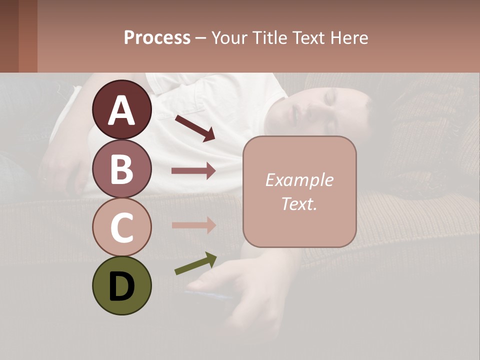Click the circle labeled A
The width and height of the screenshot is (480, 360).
[121, 110]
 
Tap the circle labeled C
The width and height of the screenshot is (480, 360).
[121, 227]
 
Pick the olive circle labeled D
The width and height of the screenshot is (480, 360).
[121, 285]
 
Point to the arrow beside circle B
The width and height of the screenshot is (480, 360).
[193, 171]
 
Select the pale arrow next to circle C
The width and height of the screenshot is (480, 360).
[193, 225]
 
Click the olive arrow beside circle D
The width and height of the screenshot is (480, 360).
[195, 263]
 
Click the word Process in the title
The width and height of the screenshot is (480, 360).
[157, 37]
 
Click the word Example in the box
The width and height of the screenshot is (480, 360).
[299, 180]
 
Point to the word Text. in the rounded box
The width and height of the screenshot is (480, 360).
[299, 203]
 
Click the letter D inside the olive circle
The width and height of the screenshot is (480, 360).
[121, 286]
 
